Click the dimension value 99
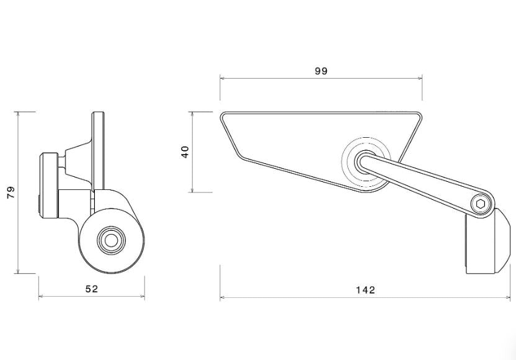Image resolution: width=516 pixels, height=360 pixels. [321, 71]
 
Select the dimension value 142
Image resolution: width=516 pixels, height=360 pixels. [367, 290]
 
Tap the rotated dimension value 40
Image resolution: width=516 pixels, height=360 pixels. [185, 152]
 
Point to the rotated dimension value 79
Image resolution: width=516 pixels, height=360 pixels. [9, 192]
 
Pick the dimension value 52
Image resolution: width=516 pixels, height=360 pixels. [91, 289]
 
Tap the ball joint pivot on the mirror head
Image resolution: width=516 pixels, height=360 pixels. [365, 160]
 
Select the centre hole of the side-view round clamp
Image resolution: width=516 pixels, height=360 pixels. [111, 238]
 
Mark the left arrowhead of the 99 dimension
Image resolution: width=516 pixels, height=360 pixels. [222, 78]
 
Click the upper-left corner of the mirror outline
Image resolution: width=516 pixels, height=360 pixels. [222, 114]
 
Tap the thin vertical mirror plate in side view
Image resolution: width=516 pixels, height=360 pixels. [98, 149]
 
